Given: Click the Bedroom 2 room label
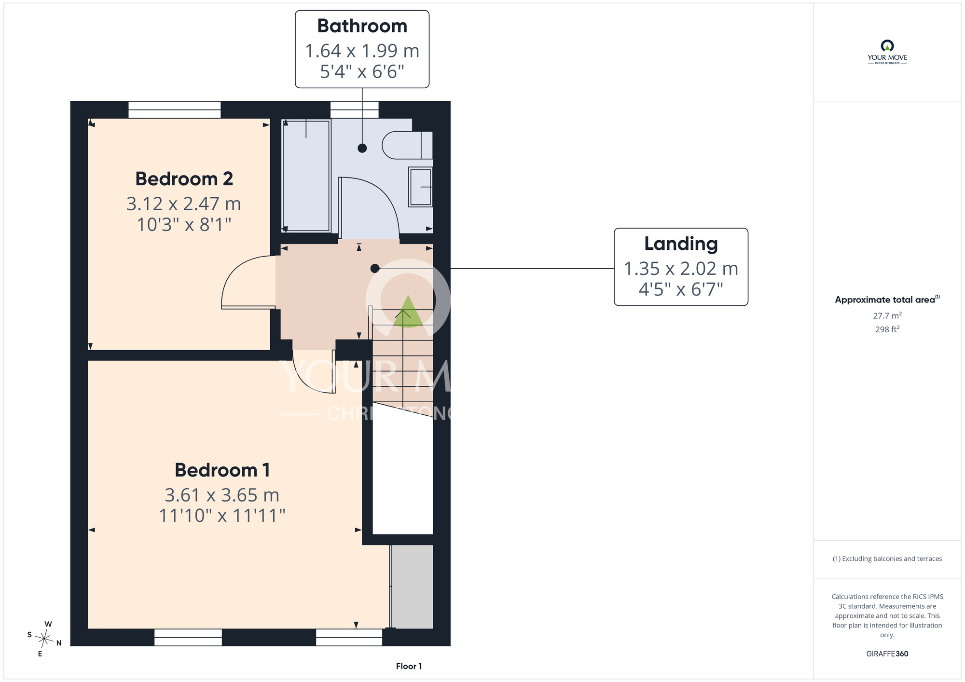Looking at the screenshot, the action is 184,179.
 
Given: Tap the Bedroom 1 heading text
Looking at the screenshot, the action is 222,470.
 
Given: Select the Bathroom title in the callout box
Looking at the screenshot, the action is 362,26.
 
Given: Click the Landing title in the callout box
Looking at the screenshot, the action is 681,244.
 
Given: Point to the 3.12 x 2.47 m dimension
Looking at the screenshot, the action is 184,204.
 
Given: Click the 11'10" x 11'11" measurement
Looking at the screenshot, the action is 222,516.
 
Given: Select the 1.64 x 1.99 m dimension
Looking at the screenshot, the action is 362,51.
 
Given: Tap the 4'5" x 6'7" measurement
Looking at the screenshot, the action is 681,289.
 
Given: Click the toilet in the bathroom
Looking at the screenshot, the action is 407,145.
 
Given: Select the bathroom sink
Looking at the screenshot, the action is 420,187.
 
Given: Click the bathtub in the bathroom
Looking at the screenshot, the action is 306,176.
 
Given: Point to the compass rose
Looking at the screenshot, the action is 44,640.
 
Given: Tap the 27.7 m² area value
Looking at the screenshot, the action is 887,315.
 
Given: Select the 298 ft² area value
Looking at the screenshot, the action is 887,329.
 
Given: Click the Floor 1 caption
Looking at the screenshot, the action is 409,666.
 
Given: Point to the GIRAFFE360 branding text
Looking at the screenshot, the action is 887,654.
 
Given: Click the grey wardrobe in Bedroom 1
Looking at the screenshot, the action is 412,587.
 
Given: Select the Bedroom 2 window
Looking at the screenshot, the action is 175,109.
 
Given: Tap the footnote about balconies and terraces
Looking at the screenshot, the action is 887,559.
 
